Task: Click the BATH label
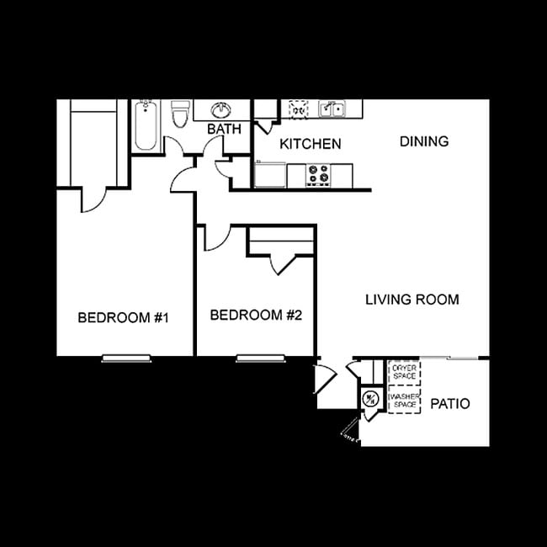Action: point(224,130)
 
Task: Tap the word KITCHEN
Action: point(311,144)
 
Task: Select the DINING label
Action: point(423,141)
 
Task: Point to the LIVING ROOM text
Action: point(412,299)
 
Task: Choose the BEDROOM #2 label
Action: point(255,316)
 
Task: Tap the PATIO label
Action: point(449,404)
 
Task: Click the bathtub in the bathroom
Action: point(145,125)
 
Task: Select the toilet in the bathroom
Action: point(179,114)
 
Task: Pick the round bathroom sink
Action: point(222,110)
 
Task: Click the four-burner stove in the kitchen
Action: point(318,175)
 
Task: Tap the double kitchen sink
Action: point(332,109)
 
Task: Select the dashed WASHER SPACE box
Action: point(404,400)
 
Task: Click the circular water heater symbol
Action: point(369,399)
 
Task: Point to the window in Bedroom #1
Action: point(126,358)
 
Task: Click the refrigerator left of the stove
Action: point(270,175)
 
